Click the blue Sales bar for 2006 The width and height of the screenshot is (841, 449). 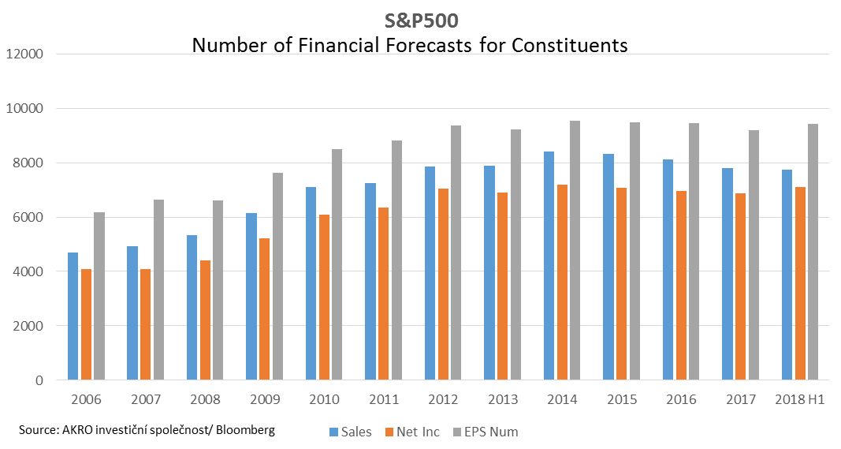pyautogui.click(x=73, y=316)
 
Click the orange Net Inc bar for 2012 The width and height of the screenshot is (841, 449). pyautogui.click(x=442, y=284)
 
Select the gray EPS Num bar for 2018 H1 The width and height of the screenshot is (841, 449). pyautogui.click(x=813, y=252)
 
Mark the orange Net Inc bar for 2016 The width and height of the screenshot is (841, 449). pyautogui.click(x=681, y=285)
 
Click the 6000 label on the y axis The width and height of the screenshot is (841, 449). pyautogui.click(x=27, y=217)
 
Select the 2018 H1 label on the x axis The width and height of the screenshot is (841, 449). pyautogui.click(x=799, y=399)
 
